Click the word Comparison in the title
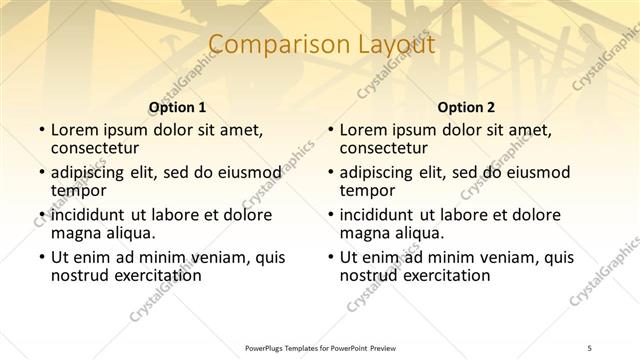[271, 45]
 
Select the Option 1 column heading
[177, 107]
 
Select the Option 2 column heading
[466, 107]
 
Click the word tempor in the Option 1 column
[78, 191]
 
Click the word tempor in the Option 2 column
[367, 191]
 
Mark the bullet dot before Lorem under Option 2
[330, 131]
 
